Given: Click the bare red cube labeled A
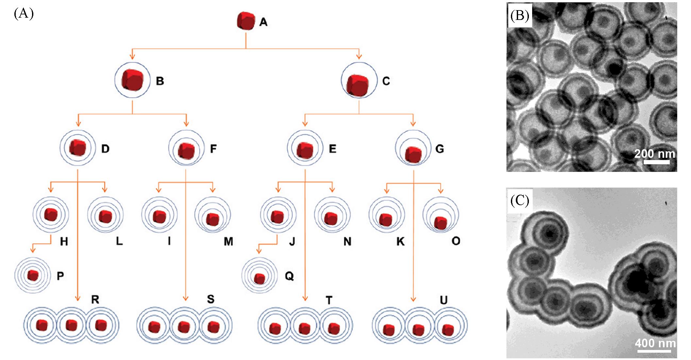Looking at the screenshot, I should click(x=246, y=21).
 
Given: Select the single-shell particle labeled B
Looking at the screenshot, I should click(x=132, y=80).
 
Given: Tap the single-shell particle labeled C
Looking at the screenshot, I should click(x=359, y=80).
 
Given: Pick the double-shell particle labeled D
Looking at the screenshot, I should click(x=78, y=148).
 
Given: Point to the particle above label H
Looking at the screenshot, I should click(x=51, y=214).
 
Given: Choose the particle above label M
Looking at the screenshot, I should click(x=213, y=215).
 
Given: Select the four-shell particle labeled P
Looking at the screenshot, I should click(x=33, y=275).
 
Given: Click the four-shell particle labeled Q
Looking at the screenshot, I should click(x=259, y=275).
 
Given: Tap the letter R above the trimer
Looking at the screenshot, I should click(x=95, y=299).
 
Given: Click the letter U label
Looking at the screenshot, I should click(x=443, y=300).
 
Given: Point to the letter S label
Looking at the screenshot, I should click(x=211, y=299).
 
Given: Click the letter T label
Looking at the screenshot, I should click(x=329, y=300).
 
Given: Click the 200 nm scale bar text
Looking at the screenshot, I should click(x=654, y=153).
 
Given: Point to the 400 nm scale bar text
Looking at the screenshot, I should click(x=655, y=343).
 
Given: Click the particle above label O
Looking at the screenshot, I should click(x=441, y=215).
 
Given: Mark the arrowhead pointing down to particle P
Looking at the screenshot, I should click(x=32, y=250).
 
